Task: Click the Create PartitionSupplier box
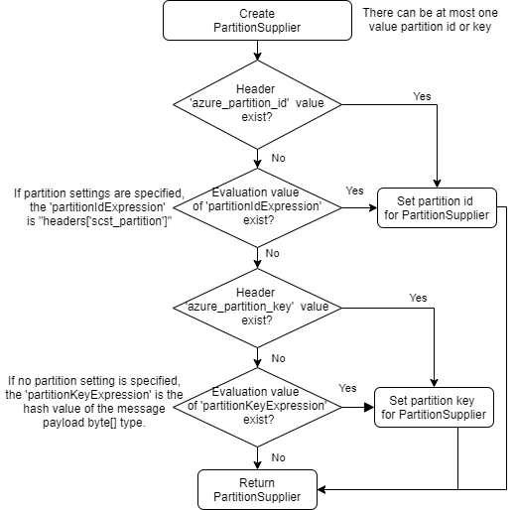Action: (x=257, y=21)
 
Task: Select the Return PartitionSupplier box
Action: (x=257, y=486)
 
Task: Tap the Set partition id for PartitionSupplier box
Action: (x=436, y=209)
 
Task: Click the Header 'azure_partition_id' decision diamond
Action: (x=257, y=102)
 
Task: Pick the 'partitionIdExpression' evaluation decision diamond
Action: (x=257, y=208)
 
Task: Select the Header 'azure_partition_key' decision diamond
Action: (x=257, y=308)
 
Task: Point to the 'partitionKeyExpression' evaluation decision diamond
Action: (x=257, y=407)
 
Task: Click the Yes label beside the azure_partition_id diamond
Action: (x=422, y=96)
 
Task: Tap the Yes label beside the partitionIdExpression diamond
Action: (x=354, y=190)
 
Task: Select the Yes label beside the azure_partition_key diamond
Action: (x=418, y=298)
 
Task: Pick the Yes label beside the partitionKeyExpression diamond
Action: (x=348, y=388)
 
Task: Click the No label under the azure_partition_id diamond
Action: (x=279, y=157)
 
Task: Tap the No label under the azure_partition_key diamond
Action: (x=279, y=357)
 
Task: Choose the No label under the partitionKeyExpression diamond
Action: (x=279, y=457)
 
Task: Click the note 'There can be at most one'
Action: (x=434, y=12)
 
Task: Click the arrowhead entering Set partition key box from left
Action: (x=369, y=408)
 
